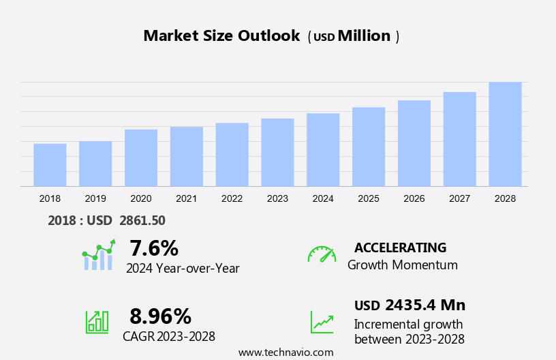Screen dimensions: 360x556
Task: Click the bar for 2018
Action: (x=50, y=164)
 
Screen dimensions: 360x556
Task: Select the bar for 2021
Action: (x=186, y=156)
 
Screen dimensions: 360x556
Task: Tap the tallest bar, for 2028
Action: (x=505, y=134)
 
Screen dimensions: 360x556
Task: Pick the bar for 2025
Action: (x=369, y=147)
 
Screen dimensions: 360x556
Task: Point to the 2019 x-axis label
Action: (x=95, y=198)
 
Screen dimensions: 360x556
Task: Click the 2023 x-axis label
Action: (x=277, y=198)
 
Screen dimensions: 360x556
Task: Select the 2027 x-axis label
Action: (x=459, y=198)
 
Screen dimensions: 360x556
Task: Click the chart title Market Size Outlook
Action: (x=221, y=36)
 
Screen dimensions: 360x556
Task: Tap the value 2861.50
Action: (x=142, y=220)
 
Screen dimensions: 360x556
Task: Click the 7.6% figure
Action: (x=154, y=247)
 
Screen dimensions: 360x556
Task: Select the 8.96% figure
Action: (x=160, y=316)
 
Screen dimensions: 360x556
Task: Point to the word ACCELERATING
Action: (x=400, y=247)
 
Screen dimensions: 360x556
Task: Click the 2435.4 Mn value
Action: (x=425, y=305)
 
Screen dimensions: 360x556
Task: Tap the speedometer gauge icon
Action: (x=322, y=254)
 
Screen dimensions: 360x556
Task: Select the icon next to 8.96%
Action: (x=97, y=321)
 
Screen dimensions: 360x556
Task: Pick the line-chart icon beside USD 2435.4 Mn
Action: (x=322, y=322)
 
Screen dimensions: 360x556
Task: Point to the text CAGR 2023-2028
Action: (x=169, y=336)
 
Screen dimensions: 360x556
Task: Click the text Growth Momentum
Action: (x=403, y=265)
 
